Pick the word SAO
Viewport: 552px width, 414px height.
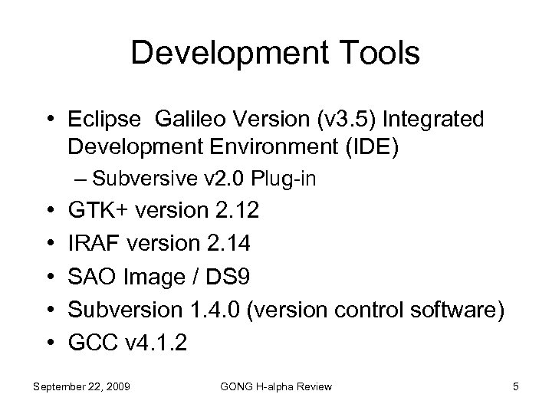tap(91, 277)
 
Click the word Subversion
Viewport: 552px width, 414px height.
tap(120, 310)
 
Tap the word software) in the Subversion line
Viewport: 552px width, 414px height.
tap(456, 310)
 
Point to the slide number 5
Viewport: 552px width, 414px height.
tap(517, 386)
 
